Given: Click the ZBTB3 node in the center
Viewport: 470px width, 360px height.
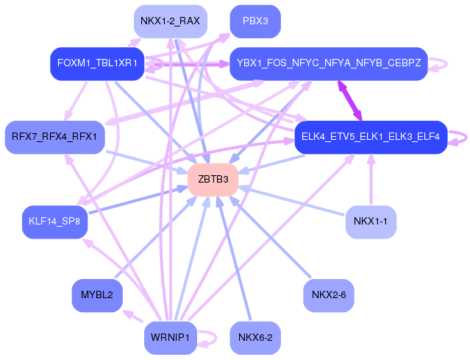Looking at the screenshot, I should point(213,180).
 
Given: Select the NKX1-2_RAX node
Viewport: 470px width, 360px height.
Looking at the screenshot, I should point(170,21).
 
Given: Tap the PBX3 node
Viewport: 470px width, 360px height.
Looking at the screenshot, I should point(255,21).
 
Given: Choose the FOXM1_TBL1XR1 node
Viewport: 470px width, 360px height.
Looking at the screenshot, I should point(96,63).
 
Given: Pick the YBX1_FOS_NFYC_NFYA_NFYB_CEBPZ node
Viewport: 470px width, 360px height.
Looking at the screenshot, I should point(328,63).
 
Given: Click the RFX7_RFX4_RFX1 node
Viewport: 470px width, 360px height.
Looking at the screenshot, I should point(55,137).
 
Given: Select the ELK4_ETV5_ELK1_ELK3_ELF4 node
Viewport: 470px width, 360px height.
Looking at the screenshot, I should point(371,137).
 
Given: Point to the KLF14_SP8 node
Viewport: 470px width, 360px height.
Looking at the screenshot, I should point(54,221).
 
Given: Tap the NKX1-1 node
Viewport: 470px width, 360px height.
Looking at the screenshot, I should point(371,221).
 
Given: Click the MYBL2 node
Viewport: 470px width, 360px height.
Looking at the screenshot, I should point(97,295).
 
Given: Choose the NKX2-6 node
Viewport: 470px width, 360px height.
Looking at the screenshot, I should point(328,295).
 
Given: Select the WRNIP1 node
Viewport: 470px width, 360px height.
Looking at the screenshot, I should point(170,338).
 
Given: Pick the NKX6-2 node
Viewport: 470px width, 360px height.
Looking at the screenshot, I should point(255,338).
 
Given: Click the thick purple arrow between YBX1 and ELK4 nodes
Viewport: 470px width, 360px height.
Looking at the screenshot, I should point(351,100).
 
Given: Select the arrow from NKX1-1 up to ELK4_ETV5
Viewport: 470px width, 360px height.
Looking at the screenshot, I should point(371,180).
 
